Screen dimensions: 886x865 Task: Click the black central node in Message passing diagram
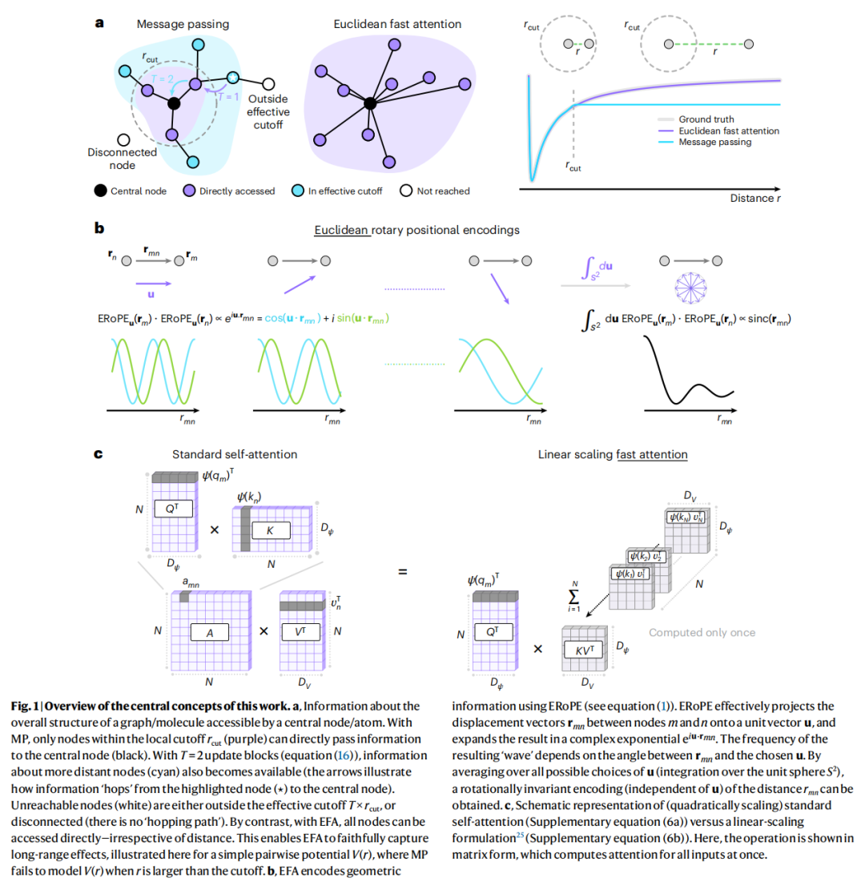(x=174, y=103)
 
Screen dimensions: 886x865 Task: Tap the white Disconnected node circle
(x=123, y=139)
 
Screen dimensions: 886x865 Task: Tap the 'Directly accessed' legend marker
(x=189, y=191)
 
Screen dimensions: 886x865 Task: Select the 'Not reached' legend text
(x=444, y=191)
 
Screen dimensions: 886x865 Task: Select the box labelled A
(x=211, y=631)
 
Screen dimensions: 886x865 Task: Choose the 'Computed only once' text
(x=702, y=633)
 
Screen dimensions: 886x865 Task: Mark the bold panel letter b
(x=100, y=228)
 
